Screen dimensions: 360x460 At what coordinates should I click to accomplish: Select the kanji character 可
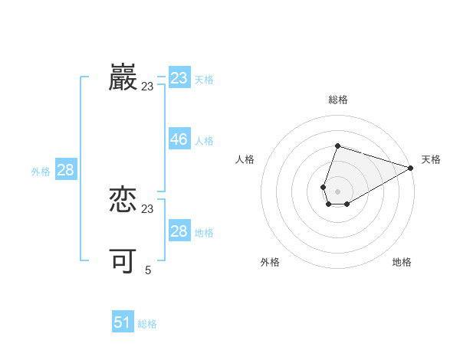coord(123,261)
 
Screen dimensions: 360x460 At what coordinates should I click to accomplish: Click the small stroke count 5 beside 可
coord(148,270)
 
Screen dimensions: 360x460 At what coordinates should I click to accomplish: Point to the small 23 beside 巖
coord(147,87)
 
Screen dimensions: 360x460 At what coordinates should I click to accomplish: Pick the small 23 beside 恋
coord(148,209)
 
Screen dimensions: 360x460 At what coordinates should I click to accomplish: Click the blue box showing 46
coord(179,139)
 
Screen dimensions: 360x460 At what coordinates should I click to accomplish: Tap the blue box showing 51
coord(122,322)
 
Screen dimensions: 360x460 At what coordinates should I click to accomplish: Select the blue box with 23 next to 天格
coord(179,78)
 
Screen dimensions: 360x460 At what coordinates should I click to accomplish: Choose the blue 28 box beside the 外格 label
coord(65,170)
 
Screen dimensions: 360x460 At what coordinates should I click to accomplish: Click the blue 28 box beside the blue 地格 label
coord(179,231)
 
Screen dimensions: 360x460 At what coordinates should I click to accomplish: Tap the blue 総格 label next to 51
coord(147,324)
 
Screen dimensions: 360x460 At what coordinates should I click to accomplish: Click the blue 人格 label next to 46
coord(204,141)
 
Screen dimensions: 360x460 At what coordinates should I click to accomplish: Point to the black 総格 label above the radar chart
coord(337,100)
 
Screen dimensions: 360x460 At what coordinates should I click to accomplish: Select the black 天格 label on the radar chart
coord(431,159)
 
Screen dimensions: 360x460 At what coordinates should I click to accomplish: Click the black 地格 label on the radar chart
coord(402,262)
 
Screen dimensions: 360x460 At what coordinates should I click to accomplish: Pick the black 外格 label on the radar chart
coord(270,262)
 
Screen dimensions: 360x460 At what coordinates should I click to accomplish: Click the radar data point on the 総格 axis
coord(337,146)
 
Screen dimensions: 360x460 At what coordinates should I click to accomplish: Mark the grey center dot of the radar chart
coord(337,191)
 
